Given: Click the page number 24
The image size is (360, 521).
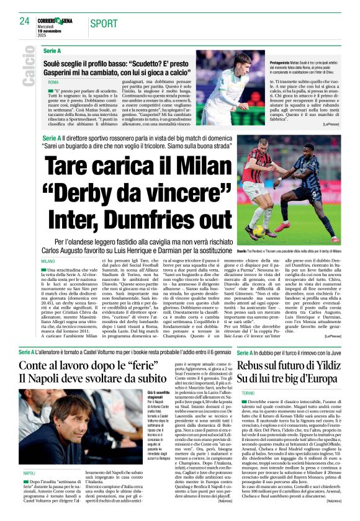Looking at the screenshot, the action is (x=24, y=21).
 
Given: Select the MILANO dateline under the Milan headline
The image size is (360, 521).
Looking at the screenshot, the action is (x=48, y=261).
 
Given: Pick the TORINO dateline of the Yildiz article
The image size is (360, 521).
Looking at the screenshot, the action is (x=248, y=393).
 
